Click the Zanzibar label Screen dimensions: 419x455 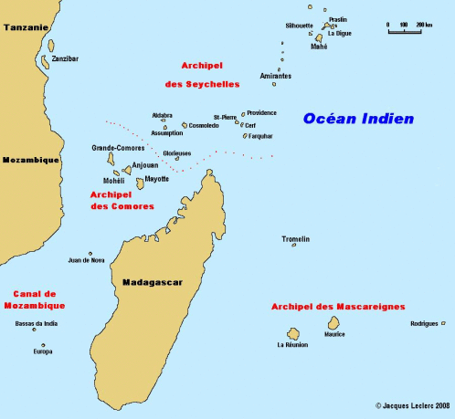[65, 58]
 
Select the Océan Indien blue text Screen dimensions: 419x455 [358, 119]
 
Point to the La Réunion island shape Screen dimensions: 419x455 [294, 334]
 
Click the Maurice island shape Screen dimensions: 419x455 [335, 323]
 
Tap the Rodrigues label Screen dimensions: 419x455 [425, 324]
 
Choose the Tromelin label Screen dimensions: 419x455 [295, 239]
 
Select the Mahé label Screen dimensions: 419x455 [319, 47]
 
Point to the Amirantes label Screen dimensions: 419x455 [276, 76]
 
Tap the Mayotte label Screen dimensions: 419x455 [157, 179]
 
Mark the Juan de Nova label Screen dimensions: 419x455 [86, 260]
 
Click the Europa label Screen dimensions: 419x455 [42, 351]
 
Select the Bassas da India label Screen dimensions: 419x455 [37, 323]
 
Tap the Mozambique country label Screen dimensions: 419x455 [30, 160]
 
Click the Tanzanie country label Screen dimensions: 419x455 [26, 27]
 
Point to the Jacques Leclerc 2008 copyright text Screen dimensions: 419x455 [413, 404]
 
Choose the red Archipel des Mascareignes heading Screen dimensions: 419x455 [338, 307]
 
